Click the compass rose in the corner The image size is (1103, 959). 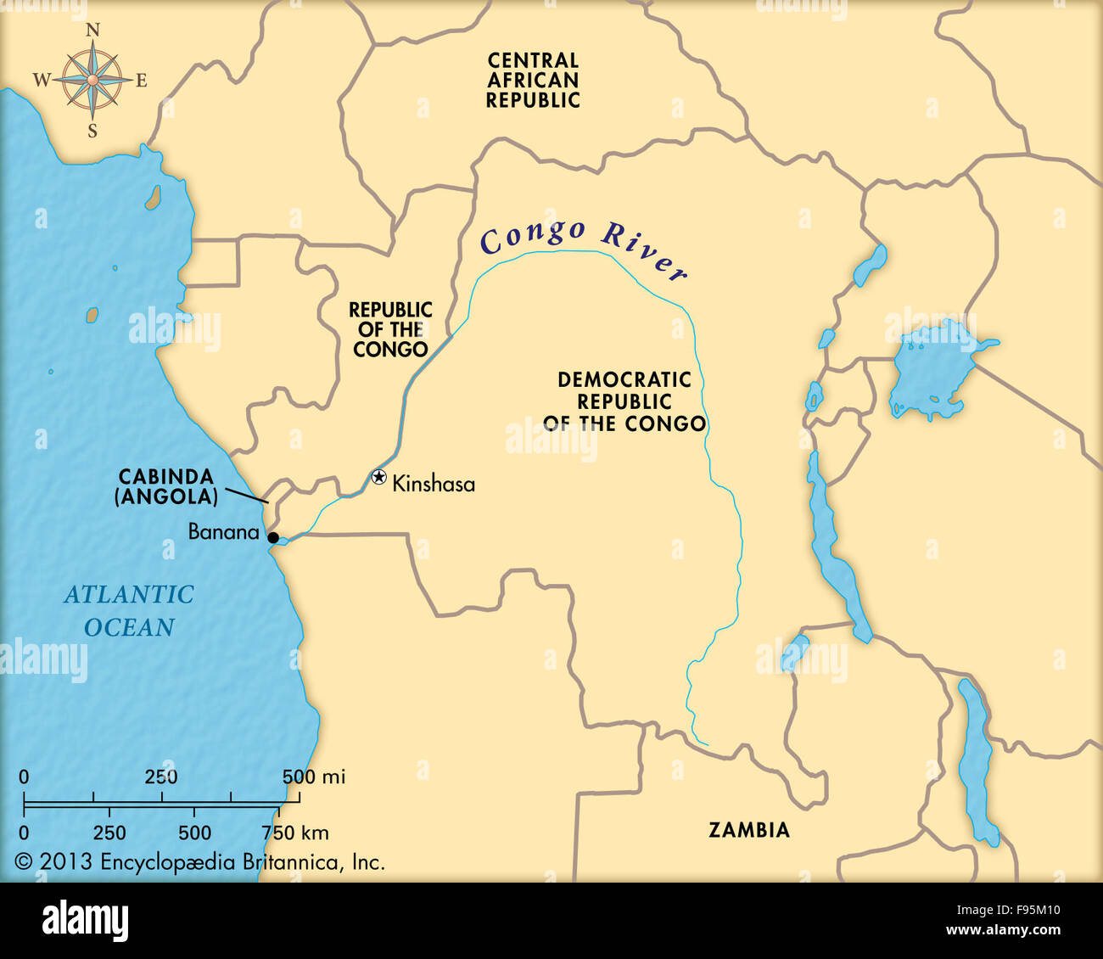[92, 81]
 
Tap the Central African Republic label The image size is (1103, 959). [533, 81]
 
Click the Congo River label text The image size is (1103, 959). [582, 246]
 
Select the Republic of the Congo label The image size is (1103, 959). [390, 330]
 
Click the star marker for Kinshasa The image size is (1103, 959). [379, 477]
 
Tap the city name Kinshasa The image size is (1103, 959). [434, 485]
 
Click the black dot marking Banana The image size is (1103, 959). [273, 537]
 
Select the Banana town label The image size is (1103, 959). [223, 532]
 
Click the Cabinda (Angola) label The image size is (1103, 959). [165, 487]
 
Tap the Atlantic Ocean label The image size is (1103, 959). [129, 610]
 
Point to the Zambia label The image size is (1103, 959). [749, 830]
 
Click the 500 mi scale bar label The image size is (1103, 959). [313, 777]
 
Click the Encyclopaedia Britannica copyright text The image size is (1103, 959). [200, 862]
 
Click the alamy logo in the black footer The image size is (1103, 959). [86, 920]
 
